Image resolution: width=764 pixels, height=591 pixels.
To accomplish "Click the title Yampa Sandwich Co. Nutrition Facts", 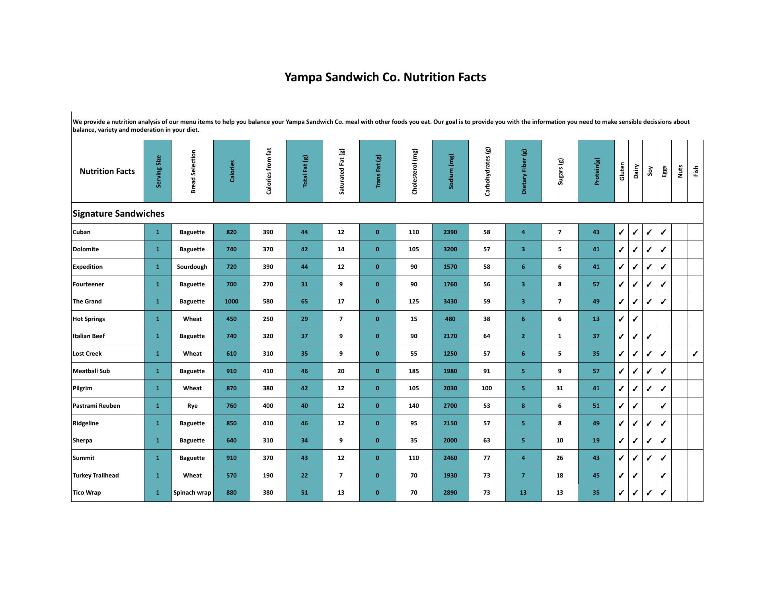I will click(x=385, y=77).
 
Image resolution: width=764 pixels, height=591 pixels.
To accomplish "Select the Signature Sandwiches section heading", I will click(x=118, y=213).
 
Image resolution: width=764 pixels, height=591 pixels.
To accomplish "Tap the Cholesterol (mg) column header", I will click(x=414, y=171).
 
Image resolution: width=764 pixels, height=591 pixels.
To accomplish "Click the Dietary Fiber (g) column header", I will click(x=523, y=171).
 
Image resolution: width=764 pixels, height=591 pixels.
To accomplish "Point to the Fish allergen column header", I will click(x=695, y=171).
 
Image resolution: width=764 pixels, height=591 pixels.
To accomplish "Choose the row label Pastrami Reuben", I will click(x=96, y=405).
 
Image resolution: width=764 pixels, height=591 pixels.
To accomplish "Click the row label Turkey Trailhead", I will click(x=95, y=475).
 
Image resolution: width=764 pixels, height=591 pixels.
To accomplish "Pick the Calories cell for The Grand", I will click(x=231, y=301).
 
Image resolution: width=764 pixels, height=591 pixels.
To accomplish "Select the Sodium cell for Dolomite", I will click(x=450, y=249).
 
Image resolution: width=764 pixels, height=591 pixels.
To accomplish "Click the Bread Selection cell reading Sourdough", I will click(x=192, y=267).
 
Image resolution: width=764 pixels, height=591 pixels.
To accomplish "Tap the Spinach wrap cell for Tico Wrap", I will click(x=192, y=493).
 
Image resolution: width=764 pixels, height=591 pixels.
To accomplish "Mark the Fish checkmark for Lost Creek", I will click(x=695, y=354).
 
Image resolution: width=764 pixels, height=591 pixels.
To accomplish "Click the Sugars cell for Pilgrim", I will click(x=559, y=388).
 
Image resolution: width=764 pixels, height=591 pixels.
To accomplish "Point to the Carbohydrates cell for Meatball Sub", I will click(x=487, y=371).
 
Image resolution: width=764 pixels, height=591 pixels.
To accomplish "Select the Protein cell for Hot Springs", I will click(x=596, y=319).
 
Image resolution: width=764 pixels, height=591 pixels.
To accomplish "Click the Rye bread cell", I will click(x=192, y=406).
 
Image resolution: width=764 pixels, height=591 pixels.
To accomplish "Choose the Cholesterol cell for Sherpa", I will click(x=414, y=440).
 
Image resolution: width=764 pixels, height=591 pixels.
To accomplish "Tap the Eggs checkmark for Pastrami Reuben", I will click(x=663, y=406).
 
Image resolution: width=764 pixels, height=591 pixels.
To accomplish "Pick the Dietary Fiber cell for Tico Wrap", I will click(x=523, y=493).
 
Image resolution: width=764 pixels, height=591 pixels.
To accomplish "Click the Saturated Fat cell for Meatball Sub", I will click(x=341, y=371).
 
